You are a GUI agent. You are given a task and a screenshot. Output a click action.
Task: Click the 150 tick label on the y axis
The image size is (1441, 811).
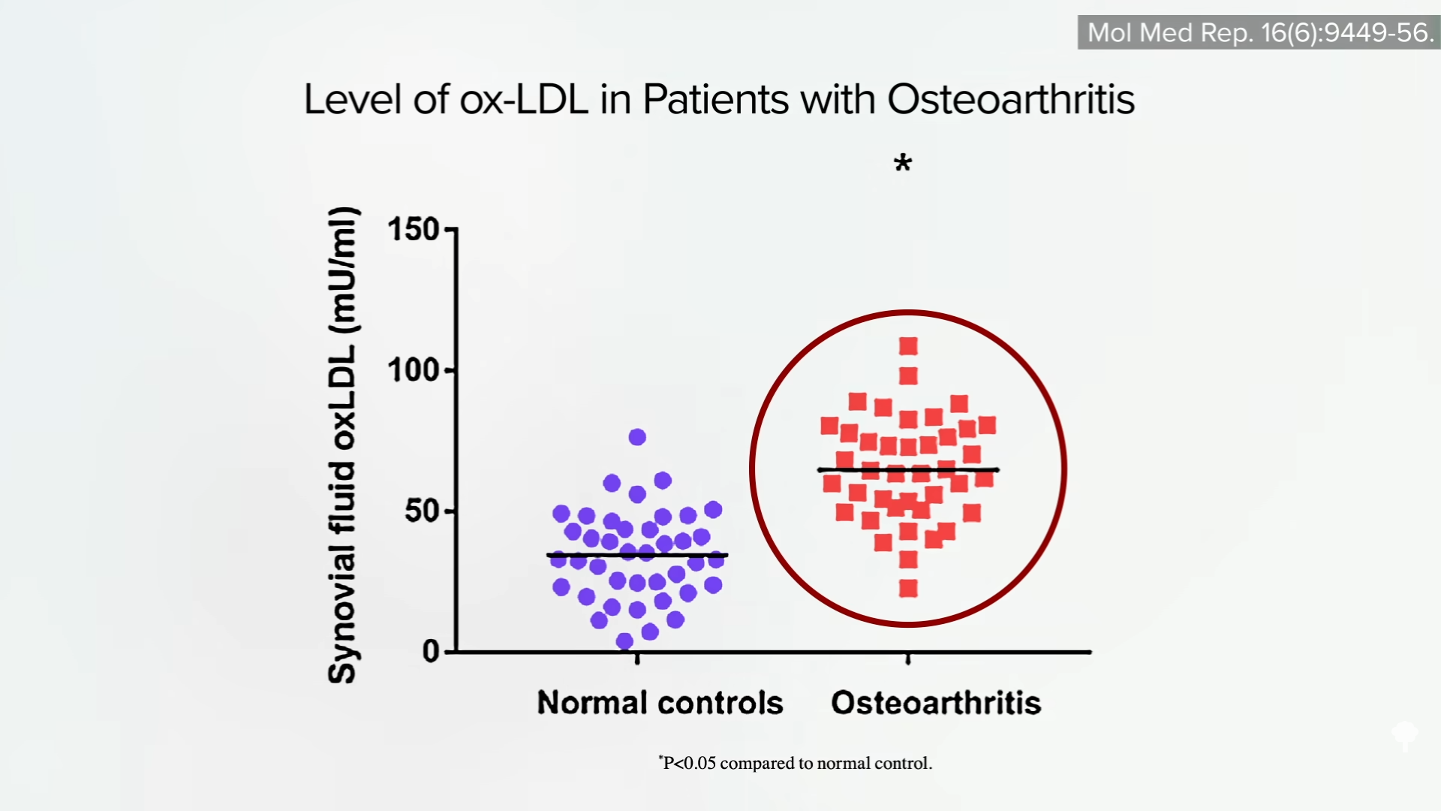(413, 230)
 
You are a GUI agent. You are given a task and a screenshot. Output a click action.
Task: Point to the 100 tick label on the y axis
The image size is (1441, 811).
(413, 370)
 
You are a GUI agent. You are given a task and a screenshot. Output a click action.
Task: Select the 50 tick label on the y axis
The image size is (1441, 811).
(421, 511)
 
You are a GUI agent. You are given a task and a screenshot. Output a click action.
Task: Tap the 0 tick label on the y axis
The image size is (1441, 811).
(431, 652)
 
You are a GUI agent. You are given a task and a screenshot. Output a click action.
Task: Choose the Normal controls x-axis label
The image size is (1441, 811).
(660, 703)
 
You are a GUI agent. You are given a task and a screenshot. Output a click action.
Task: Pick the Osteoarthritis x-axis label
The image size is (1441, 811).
(936, 703)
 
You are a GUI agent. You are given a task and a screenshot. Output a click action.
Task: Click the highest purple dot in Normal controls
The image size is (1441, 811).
(637, 437)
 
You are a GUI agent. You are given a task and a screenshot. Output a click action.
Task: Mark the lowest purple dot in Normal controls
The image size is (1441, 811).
(624, 641)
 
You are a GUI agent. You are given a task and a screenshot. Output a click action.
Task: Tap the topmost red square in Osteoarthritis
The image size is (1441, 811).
(908, 346)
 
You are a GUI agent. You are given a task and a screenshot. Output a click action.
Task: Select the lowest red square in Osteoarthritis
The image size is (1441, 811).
(908, 589)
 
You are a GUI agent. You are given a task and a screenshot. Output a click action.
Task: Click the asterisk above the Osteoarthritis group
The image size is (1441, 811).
(903, 163)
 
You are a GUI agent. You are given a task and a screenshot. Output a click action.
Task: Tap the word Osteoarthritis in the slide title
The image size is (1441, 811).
(1011, 99)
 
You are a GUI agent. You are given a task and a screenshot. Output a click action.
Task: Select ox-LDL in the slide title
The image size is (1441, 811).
(524, 99)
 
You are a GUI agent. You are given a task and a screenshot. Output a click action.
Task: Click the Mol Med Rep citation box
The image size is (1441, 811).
(1259, 32)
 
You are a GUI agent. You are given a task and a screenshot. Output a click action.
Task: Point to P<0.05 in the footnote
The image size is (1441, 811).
(690, 764)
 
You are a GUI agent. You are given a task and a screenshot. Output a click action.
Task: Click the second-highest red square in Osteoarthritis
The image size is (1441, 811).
(908, 375)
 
